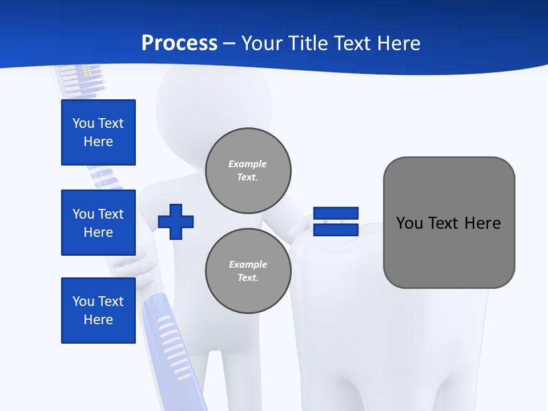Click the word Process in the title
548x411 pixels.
pos(179,43)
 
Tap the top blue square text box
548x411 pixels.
pos(98,132)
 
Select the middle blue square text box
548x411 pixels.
pos(98,223)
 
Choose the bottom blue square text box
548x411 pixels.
pos(98,311)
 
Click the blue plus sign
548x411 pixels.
pos(176,221)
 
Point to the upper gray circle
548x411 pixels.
pos(248,171)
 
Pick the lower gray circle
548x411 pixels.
pos(248,271)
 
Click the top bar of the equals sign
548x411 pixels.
pos(336,213)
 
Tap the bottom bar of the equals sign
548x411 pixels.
pos(336,229)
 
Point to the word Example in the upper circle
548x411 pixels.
pos(247,164)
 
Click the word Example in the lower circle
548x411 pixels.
pos(248,264)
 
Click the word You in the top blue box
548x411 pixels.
pos(83,123)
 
